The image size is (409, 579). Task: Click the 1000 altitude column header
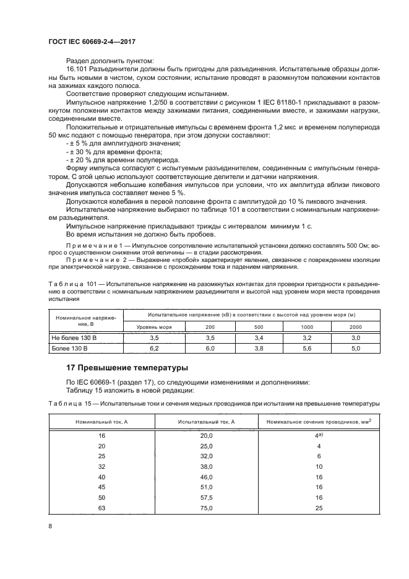(x=307, y=326)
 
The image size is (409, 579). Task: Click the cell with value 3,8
(x=258, y=349)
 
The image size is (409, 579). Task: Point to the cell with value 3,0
(x=355, y=338)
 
